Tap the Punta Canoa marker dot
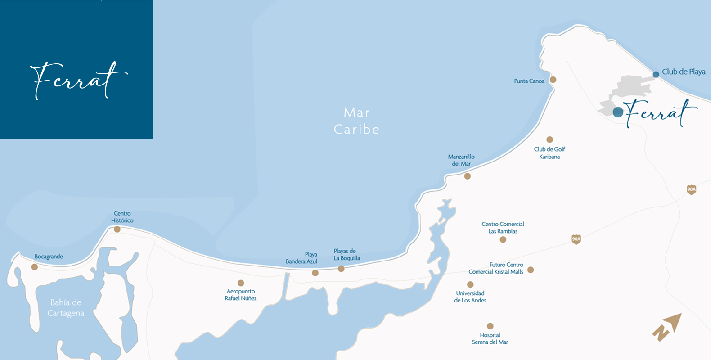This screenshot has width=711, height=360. point(553,80)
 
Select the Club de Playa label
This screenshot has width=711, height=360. point(684,72)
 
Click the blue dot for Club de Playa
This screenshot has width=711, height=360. point(656,74)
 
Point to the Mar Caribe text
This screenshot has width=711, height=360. point(356,121)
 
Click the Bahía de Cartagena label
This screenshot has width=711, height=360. point(66,307)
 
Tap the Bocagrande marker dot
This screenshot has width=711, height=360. point(35,267)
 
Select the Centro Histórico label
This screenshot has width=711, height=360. point(122,217)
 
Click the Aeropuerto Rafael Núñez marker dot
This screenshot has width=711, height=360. point(241,283)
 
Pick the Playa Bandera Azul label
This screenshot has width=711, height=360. point(302,258)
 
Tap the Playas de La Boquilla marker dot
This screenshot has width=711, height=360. point(341,269)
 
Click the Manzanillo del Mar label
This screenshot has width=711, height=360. point(461,160)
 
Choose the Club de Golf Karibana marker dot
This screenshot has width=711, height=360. point(549,139)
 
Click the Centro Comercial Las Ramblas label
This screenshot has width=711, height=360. point(503,228)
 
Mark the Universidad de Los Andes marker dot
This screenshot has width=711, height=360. point(470,284)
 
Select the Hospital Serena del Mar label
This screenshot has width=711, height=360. point(490,338)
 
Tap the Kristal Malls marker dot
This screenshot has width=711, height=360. point(531,270)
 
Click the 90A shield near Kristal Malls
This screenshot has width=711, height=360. point(576,239)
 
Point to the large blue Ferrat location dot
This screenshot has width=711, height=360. point(618,112)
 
